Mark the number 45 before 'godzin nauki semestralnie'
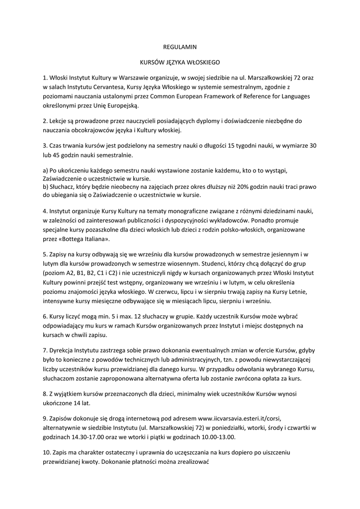(56, 155)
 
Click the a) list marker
(46, 170)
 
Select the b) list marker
(46, 186)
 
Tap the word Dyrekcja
(63, 350)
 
